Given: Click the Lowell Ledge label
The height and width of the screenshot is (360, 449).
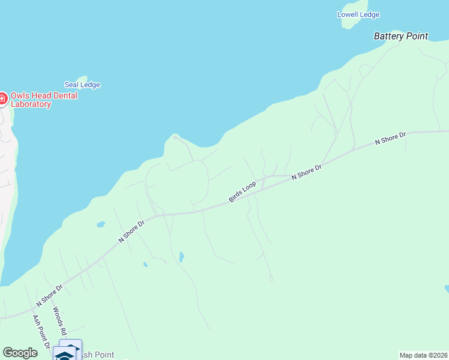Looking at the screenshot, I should (x=358, y=14).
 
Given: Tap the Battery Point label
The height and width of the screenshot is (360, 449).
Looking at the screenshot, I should (x=401, y=36).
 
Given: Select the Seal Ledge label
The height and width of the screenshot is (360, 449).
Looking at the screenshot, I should (x=82, y=85).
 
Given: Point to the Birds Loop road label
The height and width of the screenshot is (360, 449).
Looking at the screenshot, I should (x=243, y=191).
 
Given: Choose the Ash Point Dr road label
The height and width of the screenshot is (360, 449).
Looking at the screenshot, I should (x=41, y=329).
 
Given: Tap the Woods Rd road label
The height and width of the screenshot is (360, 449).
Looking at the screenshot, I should (x=58, y=321).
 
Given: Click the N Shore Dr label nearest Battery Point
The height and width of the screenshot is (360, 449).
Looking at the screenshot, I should (x=391, y=138).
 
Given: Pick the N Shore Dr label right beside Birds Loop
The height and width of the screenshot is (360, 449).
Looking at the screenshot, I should (x=307, y=172).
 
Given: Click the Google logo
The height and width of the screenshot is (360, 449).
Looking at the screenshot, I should (x=20, y=353).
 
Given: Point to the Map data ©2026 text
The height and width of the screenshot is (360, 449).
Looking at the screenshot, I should (x=423, y=355).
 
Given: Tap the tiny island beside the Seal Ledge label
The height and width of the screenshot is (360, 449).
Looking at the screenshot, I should (x=82, y=78).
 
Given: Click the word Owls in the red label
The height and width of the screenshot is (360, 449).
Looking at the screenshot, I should (x=20, y=95).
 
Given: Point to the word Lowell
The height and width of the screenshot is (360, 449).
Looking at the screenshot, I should (x=348, y=14).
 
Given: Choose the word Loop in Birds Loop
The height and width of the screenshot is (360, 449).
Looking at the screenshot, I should (x=249, y=186).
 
